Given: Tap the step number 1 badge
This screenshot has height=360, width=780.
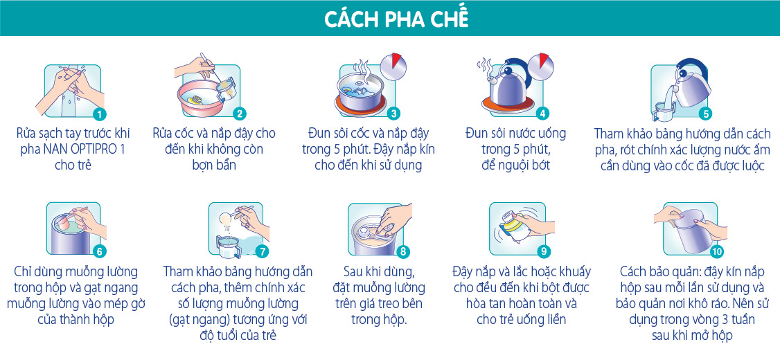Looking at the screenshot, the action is point(100,114).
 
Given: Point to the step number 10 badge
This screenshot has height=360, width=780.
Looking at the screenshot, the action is point(716,251).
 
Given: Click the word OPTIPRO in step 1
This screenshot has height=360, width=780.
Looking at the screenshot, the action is point(91,150).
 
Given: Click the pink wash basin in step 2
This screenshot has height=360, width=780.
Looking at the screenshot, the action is point(200,98).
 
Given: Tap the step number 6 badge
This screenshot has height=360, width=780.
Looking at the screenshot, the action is point(100,251).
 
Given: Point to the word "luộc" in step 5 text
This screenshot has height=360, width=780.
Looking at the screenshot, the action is point(750,165).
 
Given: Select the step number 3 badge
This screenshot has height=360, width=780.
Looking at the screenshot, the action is point(393,114).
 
